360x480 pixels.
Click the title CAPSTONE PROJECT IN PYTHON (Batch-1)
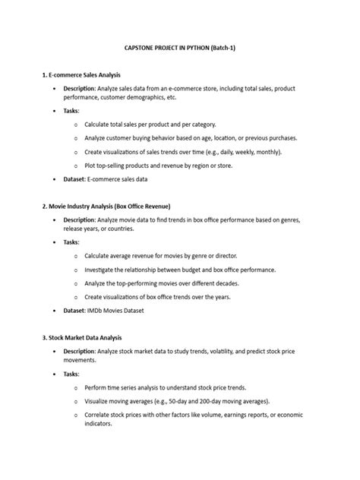point(180,47)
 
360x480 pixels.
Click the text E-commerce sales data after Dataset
point(118,179)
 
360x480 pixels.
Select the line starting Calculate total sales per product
point(150,124)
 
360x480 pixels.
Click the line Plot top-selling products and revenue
point(166,165)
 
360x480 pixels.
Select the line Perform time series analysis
point(166,387)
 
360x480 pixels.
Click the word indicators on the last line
point(99,424)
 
